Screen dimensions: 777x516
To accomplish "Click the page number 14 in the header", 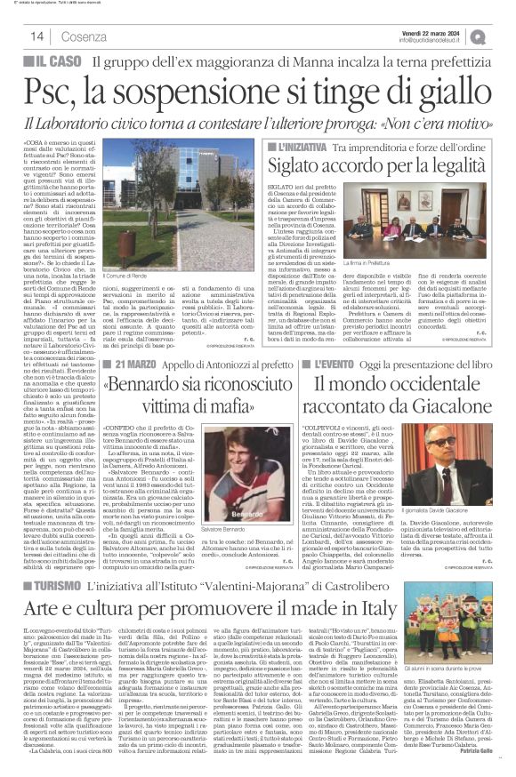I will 36,36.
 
